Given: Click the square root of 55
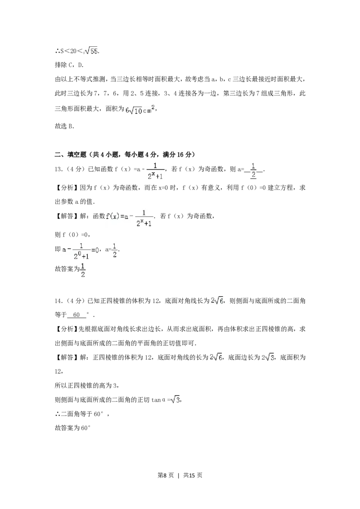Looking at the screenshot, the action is (x=92, y=51).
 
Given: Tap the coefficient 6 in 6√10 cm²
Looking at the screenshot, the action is (x=127, y=109).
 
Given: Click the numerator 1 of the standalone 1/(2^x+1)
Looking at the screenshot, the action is (x=155, y=165).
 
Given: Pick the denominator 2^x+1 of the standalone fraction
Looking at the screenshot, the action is (x=155, y=177).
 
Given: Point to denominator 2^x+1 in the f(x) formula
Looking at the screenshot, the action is (x=144, y=223).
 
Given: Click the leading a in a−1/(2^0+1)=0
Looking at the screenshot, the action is (x=64, y=248).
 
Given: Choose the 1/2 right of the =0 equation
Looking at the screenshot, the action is (x=114, y=250).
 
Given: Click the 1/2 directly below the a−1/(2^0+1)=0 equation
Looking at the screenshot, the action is (x=83, y=271).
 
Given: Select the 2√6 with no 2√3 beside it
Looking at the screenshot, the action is (x=216, y=301).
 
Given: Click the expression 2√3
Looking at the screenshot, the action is (x=270, y=357).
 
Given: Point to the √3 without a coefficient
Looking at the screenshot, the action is (x=175, y=399).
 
